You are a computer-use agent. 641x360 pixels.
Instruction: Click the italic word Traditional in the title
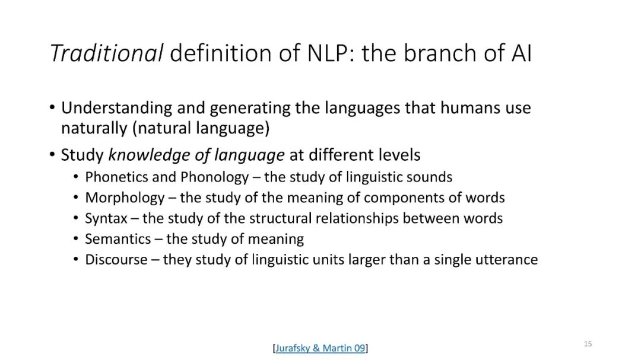(106, 53)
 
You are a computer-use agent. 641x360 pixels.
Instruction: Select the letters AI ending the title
(521, 53)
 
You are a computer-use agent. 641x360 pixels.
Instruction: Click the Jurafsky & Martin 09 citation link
(320, 348)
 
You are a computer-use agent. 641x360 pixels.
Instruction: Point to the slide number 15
(588, 343)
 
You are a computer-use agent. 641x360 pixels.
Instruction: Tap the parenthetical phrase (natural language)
(201, 128)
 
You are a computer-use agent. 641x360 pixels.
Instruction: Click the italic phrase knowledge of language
(196, 155)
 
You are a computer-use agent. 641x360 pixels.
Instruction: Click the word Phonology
(214, 177)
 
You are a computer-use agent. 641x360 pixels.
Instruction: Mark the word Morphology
(125, 198)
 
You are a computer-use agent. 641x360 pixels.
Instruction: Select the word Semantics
(118, 239)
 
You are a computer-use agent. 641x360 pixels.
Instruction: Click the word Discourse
(116, 260)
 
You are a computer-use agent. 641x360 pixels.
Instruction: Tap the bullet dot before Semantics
(75, 238)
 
